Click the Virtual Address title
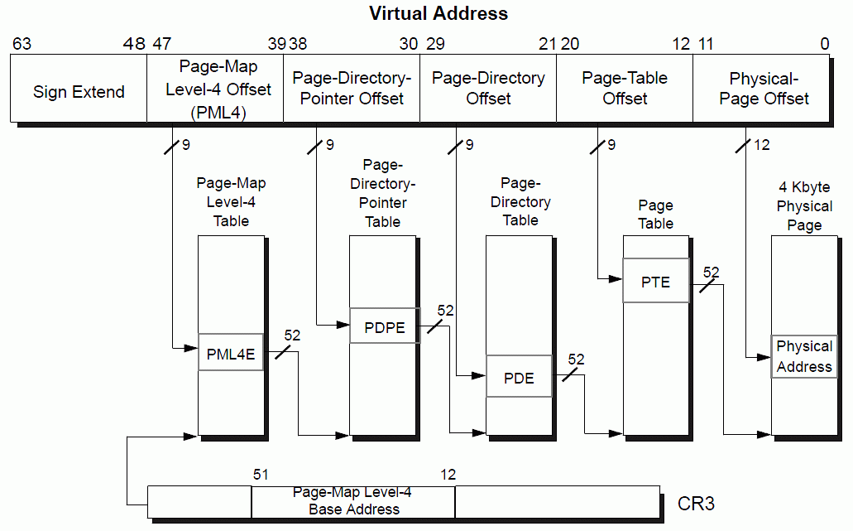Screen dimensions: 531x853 [x=438, y=13]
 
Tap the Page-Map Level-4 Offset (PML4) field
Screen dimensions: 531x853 [x=217, y=89]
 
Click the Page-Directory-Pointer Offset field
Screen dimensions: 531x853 [x=352, y=89]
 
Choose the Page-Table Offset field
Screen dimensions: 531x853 [x=625, y=89]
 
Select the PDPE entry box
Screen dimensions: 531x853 [x=385, y=326]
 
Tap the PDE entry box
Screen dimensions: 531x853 [x=519, y=378]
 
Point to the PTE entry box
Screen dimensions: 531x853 [x=655, y=282]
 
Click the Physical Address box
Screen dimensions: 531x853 [x=804, y=356]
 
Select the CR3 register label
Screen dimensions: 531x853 [x=696, y=503]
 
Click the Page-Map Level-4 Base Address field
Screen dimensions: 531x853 [x=353, y=501]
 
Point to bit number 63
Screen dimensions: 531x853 [x=22, y=44]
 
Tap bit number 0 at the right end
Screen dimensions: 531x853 [x=824, y=44]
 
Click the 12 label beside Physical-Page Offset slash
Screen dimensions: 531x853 [x=762, y=145]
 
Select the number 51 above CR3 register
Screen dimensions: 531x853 [x=261, y=475]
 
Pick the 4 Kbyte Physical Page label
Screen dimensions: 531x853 [x=804, y=206]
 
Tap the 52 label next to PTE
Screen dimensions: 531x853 [x=711, y=271]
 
